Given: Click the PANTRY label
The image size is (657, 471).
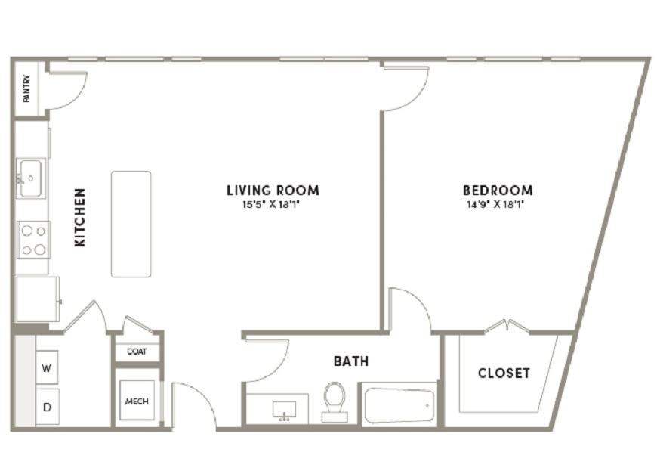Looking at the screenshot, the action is [27, 88].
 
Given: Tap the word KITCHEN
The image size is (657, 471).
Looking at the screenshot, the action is [79, 217].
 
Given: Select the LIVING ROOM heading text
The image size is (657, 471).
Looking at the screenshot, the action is [273, 191].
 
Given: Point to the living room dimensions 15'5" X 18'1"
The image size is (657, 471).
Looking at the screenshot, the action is [272, 205].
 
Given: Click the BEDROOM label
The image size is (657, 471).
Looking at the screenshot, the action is [498, 191].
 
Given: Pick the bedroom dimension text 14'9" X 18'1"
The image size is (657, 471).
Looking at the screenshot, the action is [496, 205].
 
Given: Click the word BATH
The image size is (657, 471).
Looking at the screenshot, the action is [351, 361].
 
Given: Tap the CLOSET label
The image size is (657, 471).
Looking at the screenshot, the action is [504, 373].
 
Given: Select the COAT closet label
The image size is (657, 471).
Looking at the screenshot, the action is [137, 352].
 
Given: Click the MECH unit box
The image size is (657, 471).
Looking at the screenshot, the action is [137, 400].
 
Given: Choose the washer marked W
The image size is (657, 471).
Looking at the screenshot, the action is [47, 367].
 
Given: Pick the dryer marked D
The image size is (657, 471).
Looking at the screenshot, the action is [48, 407].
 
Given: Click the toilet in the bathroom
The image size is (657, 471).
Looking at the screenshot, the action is [335, 401].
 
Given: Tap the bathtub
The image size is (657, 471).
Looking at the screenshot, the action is [399, 405].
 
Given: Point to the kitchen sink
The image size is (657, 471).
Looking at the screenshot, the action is [29, 178].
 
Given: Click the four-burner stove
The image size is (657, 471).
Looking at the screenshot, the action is [33, 240].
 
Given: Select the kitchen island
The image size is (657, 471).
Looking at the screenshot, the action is [131, 224].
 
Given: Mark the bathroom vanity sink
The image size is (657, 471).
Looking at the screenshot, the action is [284, 409].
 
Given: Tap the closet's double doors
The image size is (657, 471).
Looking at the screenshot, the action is [507, 327].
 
